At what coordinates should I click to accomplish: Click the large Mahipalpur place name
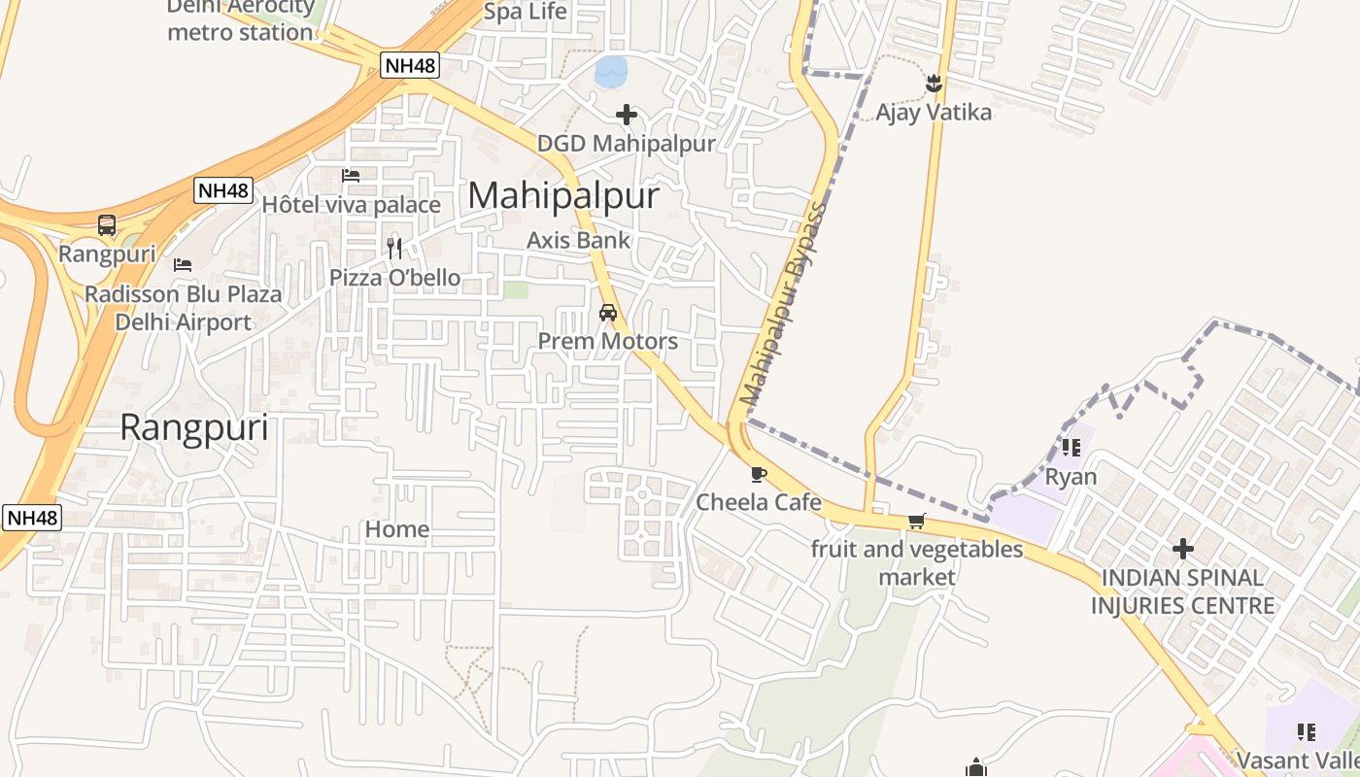(563, 196)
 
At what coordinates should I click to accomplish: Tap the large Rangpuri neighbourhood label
(194, 428)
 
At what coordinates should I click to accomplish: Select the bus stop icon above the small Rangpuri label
(107, 225)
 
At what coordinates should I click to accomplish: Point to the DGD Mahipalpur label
(627, 144)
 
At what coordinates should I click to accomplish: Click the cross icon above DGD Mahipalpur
(627, 116)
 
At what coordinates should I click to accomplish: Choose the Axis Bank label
(578, 240)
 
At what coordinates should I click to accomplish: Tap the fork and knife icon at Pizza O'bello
(394, 249)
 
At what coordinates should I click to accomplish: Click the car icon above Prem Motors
(608, 313)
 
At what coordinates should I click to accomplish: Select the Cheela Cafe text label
(759, 502)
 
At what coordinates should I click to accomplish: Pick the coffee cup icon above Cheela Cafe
(759, 475)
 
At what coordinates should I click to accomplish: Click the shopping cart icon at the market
(916, 522)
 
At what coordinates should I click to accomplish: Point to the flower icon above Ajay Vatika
(934, 84)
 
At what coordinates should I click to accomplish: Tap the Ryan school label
(1071, 477)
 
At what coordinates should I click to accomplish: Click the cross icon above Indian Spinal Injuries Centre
(1182, 550)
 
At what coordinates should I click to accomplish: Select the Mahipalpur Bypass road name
(783, 305)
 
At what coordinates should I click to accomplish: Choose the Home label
(396, 529)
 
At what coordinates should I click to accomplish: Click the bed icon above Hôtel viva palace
(351, 176)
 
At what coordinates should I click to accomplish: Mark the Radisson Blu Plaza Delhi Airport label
(184, 308)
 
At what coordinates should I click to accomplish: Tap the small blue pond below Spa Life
(611, 71)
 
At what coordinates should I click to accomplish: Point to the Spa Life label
(525, 13)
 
